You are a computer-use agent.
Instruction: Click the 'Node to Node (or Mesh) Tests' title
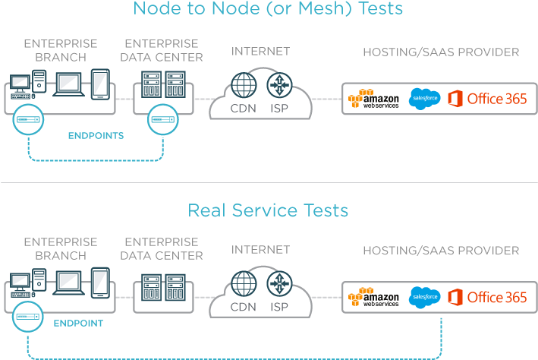[268, 10]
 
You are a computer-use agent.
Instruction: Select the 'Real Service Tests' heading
[268, 210]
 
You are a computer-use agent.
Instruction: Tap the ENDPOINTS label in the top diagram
[96, 136]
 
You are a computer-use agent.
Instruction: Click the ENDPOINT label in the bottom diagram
[78, 323]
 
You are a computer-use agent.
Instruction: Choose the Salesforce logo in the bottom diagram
[425, 297]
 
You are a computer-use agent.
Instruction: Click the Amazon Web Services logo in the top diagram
[373, 99]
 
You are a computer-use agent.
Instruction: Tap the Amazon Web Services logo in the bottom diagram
[373, 297]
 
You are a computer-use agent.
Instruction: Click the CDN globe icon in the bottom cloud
[244, 283]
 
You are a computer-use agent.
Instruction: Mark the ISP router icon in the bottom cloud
[281, 283]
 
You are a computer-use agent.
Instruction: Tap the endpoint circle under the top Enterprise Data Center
[162, 119]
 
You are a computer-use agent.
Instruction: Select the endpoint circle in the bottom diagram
[30, 317]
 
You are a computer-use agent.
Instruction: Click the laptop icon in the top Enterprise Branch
[69, 84]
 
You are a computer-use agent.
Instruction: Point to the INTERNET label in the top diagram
[260, 52]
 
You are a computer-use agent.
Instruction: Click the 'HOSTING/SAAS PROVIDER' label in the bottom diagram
[441, 251]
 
